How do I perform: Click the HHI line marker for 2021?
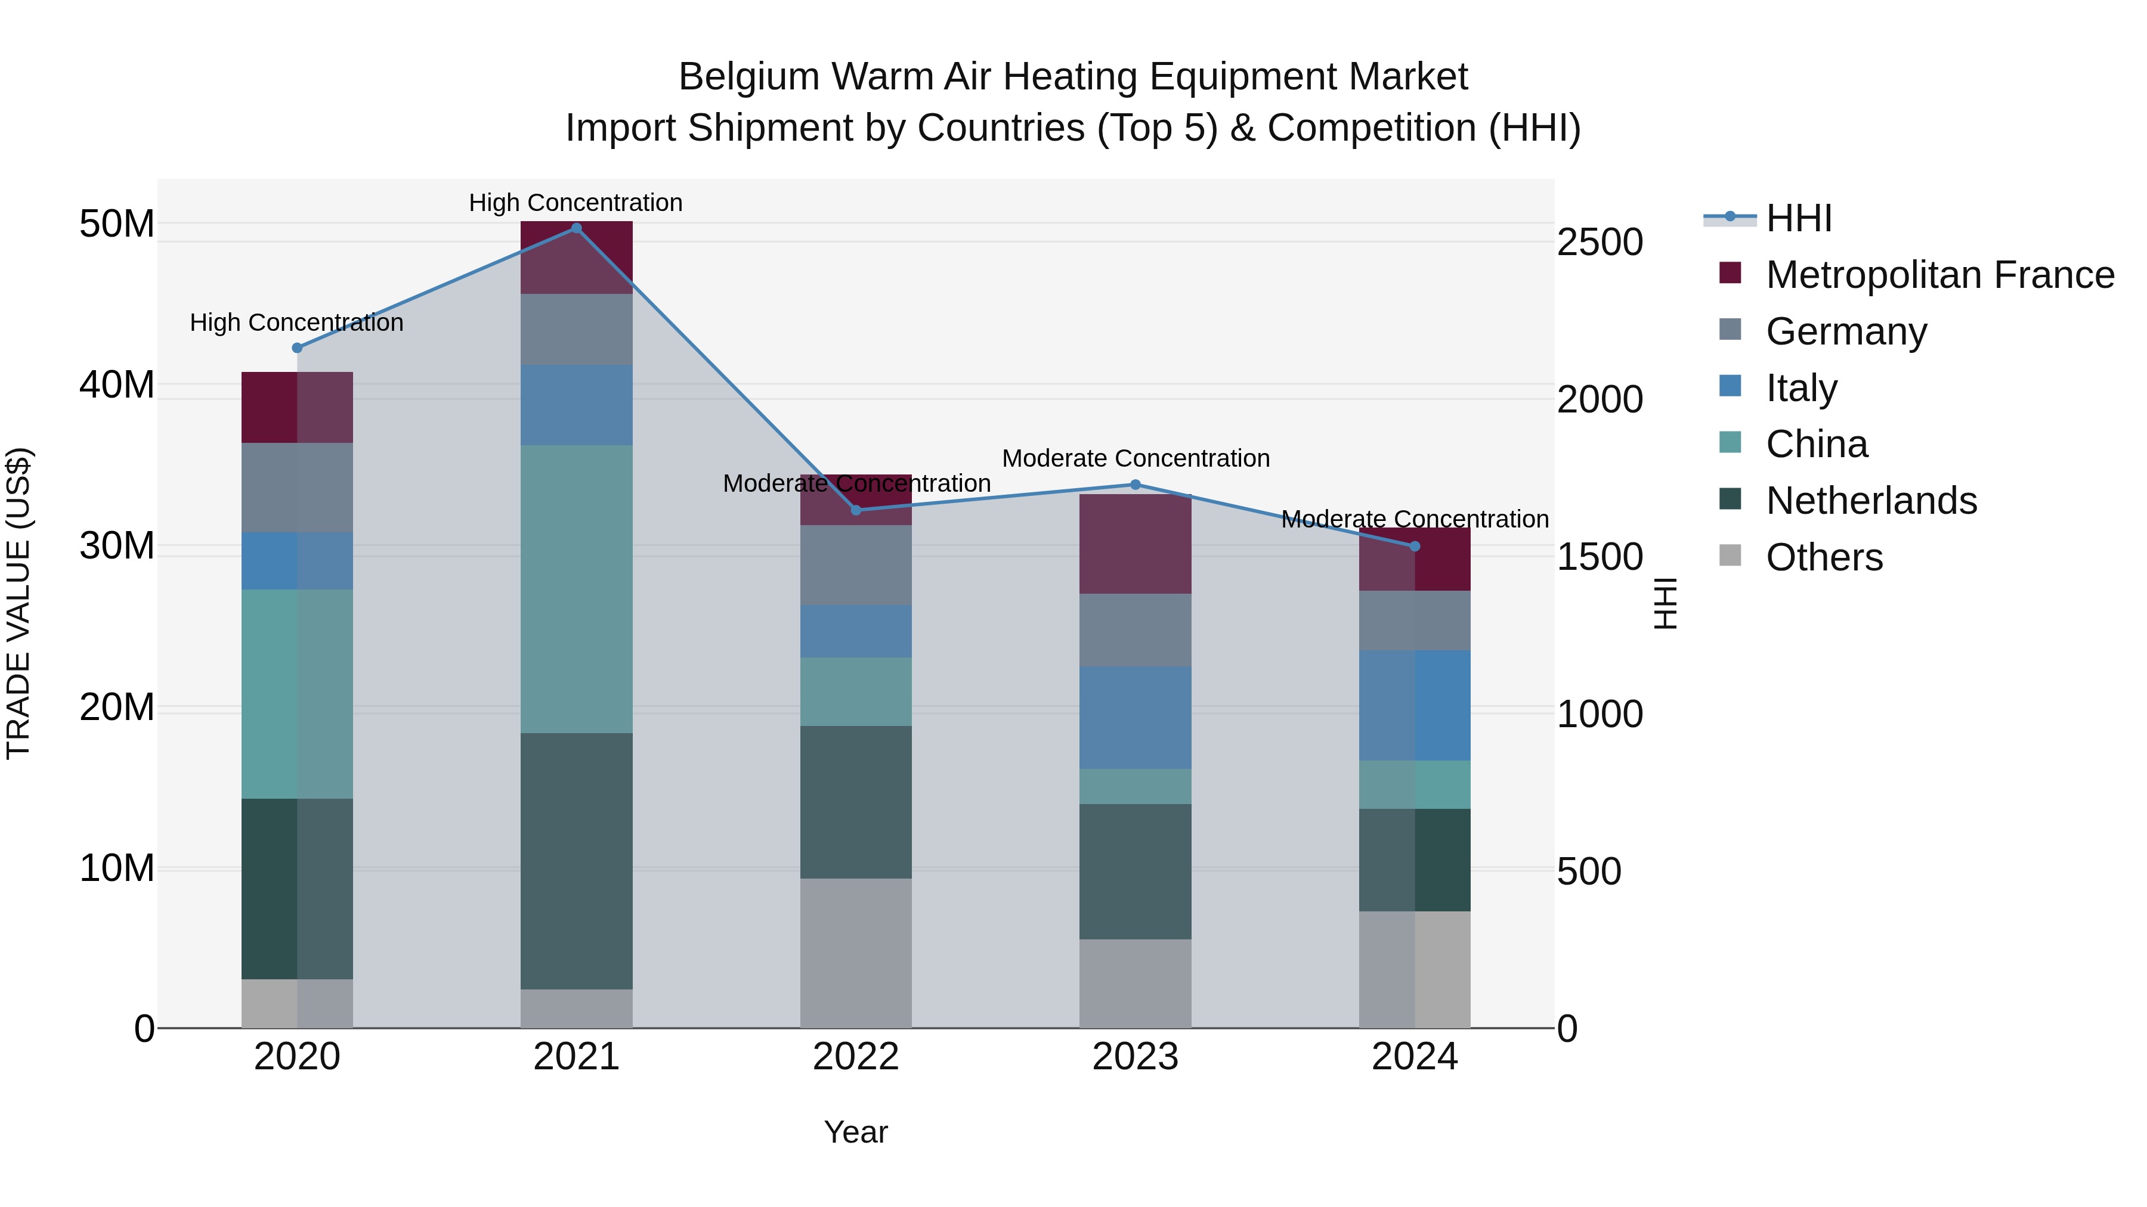pyautogui.click(x=576, y=228)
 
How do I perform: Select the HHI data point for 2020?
pyautogui.click(x=297, y=348)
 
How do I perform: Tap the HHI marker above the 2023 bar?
pyautogui.click(x=1135, y=485)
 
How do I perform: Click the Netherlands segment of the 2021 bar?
pyautogui.click(x=576, y=861)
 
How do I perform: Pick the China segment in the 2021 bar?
pyautogui.click(x=576, y=588)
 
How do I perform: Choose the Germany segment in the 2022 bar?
pyautogui.click(x=856, y=565)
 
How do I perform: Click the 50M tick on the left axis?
pyautogui.click(x=117, y=224)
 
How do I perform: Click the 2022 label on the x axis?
pyautogui.click(x=856, y=1057)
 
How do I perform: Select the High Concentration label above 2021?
pyautogui.click(x=576, y=203)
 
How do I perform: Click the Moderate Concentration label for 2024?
pyautogui.click(x=1415, y=519)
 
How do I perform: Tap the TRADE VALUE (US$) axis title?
pyautogui.click(x=18, y=603)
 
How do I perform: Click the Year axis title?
pyautogui.click(x=856, y=1132)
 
